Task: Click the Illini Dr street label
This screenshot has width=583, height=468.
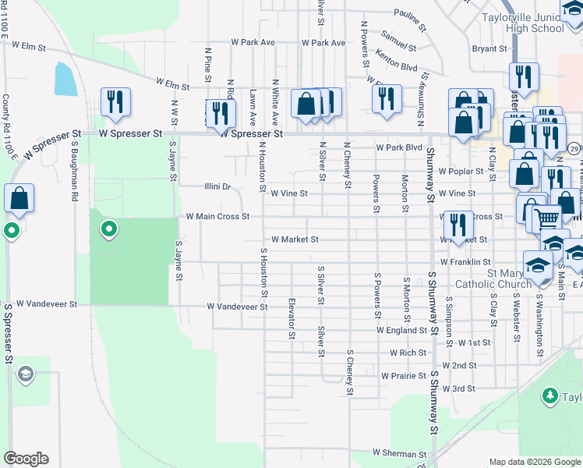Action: (x=217, y=187)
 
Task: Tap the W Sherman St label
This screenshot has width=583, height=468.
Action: (x=399, y=453)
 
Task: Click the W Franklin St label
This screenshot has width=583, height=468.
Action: (x=465, y=263)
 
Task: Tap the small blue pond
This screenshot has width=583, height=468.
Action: (x=65, y=79)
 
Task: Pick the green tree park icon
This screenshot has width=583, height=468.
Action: (x=551, y=397)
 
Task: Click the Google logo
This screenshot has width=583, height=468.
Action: (x=26, y=459)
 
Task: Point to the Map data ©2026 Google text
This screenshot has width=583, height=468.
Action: (x=534, y=462)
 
